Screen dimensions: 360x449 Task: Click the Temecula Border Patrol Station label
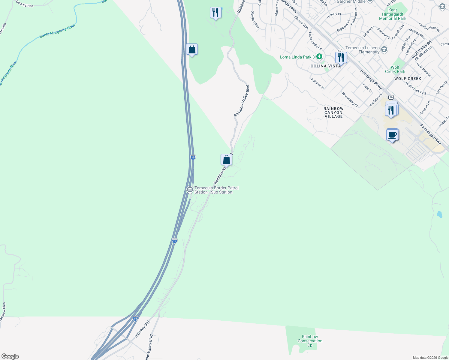pyautogui.click(x=216, y=190)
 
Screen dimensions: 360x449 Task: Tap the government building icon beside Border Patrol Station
pyautogui.click(x=190, y=190)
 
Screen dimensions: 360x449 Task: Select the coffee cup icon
pyautogui.click(x=392, y=135)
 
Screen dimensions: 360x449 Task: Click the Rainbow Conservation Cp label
pyautogui.click(x=310, y=341)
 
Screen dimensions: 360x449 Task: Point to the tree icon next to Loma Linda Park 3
pyautogui.click(x=319, y=57)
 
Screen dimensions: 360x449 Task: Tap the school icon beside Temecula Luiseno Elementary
pyautogui.click(x=384, y=49)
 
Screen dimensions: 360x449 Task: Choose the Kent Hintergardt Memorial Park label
pyautogui.click(x=392, y=14)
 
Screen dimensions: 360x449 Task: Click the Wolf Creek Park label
pyautogui.click(x=395, y=69)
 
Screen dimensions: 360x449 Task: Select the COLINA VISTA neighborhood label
pyautogui.click(x=326, y=66)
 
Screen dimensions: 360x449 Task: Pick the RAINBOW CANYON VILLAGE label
pyautogui.click(x=333, y=112)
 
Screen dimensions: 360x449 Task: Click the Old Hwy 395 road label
pyautogui.click(x=142, y=328)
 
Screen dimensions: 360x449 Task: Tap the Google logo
pyautogui.click(x=10, y=356)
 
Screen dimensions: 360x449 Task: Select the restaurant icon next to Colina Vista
pyautogui.click(x=341, y=57)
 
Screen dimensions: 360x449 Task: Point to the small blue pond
pyautogui.click(x=439, y=214)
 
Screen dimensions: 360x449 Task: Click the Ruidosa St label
pyautogui.click(x=317, y=84)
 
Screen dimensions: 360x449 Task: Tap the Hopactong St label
pyautogui.click(x=350, y=99)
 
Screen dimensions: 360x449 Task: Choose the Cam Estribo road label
pyautogui.click(x=24, y=4)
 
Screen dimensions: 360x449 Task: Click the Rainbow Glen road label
pyautogui.click(x=3, y=312)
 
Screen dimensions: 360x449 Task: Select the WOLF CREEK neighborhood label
pyautogui.click(x=408, y=79)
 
